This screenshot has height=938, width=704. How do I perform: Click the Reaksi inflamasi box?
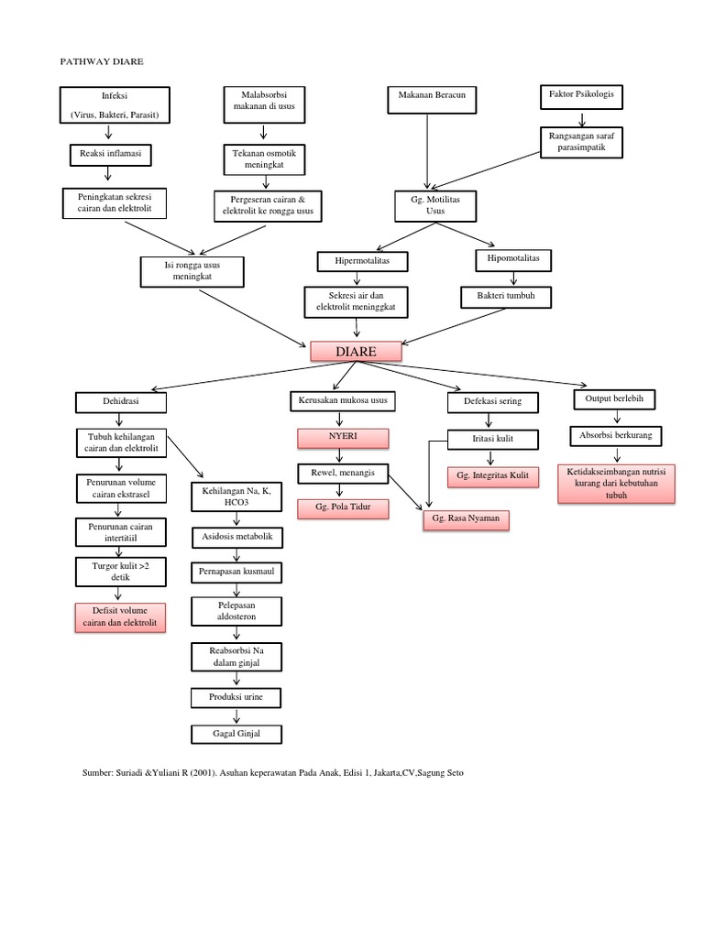pos(110,155)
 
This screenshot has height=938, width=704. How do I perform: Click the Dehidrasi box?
pos(122,401)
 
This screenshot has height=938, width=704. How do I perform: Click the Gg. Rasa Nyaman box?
pos(465,520)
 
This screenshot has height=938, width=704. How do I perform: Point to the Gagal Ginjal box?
pos(237,734)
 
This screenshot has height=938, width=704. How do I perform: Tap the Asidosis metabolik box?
pos(236,536)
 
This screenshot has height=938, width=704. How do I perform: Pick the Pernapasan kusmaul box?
pos(237,573)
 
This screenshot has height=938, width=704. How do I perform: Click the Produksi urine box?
pos(236,698)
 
